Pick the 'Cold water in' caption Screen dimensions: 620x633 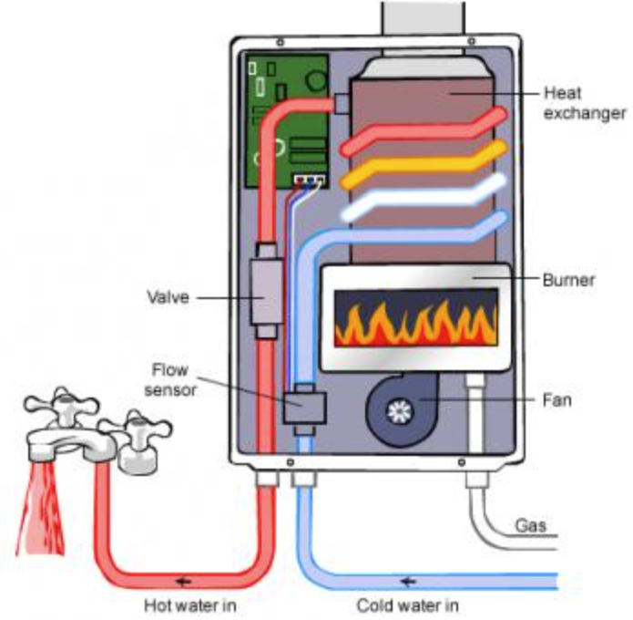(x=407, y=604)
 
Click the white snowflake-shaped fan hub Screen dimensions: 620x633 (x=397, y=411)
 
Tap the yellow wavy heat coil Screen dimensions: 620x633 (x=424, y=164)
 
